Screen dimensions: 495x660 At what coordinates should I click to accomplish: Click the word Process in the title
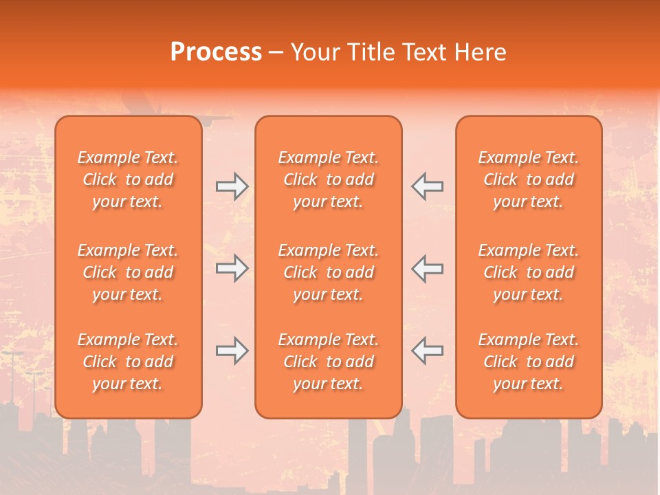point(216,52)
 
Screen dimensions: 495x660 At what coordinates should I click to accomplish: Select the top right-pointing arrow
point(232,186)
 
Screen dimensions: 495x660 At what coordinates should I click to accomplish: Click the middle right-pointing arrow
point(232,269)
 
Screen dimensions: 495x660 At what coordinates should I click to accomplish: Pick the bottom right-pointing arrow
point(232,351)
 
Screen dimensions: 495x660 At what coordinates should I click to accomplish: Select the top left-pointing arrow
point(427,186)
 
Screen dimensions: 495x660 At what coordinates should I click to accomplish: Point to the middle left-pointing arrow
point(427,269)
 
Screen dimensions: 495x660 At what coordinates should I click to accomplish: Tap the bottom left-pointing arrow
point(427,351)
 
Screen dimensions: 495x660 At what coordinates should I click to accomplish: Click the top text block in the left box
point(128,179)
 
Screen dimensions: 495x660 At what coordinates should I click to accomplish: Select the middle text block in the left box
point(128,272)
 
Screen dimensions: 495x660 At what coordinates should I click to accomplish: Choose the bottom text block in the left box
point(128,362)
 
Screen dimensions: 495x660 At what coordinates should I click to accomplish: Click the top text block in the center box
point(328,179)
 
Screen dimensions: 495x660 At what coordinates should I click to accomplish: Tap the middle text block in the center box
point(328,272)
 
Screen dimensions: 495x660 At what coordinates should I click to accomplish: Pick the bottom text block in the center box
point(328,362)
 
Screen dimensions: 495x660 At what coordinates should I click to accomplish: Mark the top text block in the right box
point(528,179)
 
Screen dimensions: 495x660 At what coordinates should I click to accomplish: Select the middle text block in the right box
point(528,272)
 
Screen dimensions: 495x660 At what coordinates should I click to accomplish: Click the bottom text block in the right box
point(528,362)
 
